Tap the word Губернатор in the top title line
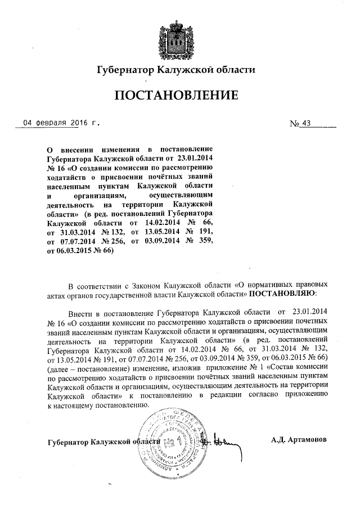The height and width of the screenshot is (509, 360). point(126,70)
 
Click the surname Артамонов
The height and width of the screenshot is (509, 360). point(314,439)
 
